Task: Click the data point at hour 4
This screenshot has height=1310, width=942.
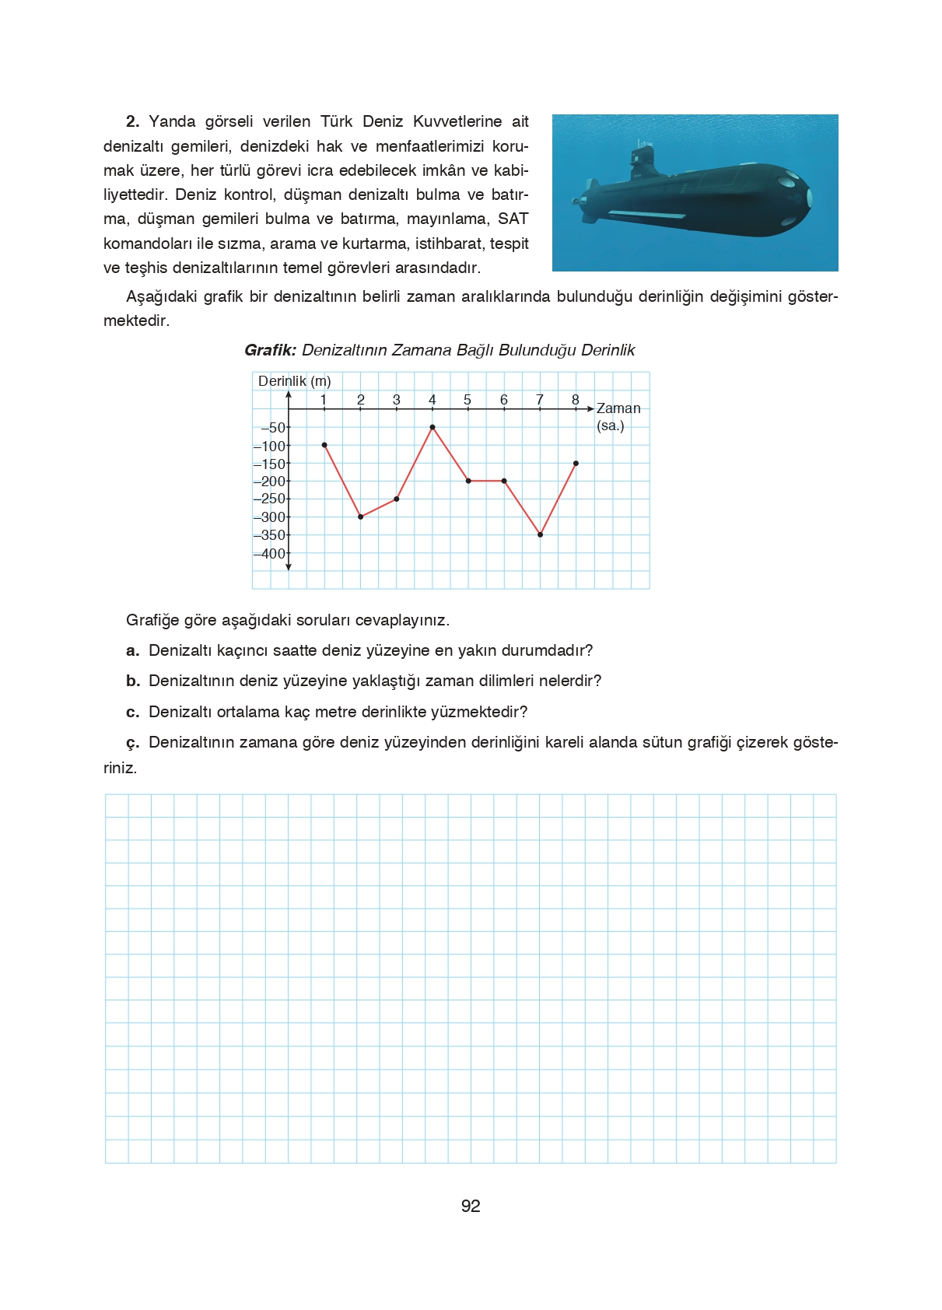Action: click(x=432, y=427)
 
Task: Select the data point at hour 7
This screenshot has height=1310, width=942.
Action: click(x=540, y=534)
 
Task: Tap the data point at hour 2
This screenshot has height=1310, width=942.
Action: click(x=360, y=517)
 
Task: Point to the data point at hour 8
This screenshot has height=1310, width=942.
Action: click(x=576, y=463)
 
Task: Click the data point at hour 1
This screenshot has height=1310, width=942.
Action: click(x=324, y=445)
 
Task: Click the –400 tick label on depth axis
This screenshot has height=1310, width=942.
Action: click(x=270, y=554)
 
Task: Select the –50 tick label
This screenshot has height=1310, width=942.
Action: click(x=273, y=428)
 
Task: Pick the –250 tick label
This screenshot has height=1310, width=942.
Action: click(x=270, y=499)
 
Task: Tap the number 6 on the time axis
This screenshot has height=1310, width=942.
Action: click(x=504, y=400)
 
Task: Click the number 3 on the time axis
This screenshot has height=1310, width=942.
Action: click(x=397, y=400)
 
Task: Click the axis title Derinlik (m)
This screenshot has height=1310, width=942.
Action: click(x=294, y=381)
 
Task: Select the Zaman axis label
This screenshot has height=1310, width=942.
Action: click(x=618, y=408)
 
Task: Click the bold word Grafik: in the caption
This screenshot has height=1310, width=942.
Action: click(x=270, y=350)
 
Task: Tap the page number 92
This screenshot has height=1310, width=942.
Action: click(x=471, y=1206)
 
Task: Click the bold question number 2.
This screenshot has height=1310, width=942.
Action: click(x=132, y=121)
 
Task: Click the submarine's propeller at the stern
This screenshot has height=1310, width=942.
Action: click(x=577, y=201)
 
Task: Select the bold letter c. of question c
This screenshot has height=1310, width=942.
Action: click(x=132, y=712)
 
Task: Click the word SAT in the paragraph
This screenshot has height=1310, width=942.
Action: click(x=513, y=219)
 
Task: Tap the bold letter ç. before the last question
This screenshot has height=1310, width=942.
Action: click(x=132, y=743)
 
